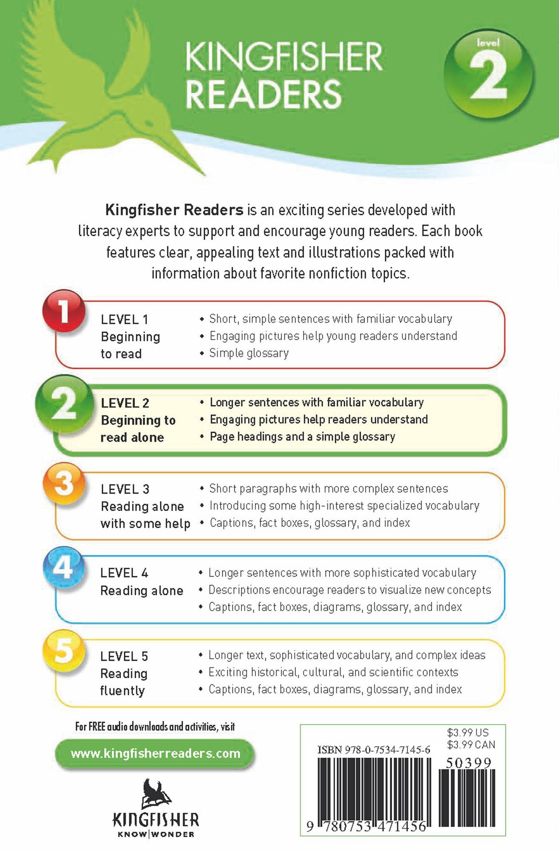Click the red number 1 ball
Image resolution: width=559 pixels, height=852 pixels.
click(x=64, y=311)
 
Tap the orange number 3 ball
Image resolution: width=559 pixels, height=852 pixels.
click(x=64, y=483)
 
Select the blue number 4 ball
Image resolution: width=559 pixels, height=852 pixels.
click(x=64, y=567)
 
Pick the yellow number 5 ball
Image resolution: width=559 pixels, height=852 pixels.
click(x=64, y=651)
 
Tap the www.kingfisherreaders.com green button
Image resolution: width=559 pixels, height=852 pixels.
click(x=155, y=753)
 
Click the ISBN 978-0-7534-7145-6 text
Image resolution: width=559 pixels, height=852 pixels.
click(x=374, y=749)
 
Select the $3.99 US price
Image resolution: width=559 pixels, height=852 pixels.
click(x=467, y=732)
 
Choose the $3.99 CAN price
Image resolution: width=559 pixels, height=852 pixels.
click(x=471, y=744)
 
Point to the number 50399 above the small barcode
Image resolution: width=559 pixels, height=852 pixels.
click(x=468, y=763)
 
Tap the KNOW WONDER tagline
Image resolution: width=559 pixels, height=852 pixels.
click(x=156, y=834)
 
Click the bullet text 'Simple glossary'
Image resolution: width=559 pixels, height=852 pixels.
click(x=249, y=353)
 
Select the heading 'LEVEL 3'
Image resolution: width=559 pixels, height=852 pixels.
click(x=125, y=489)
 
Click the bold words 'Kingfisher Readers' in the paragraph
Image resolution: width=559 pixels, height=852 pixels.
click(x=174, y=210)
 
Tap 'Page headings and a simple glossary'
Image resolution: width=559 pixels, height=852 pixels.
click(x=302, y=437)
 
